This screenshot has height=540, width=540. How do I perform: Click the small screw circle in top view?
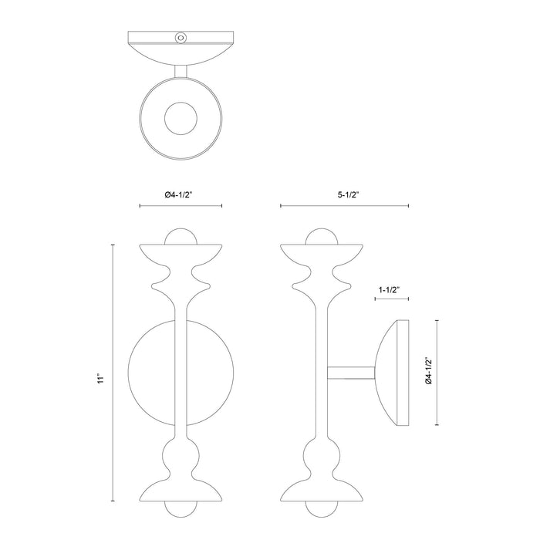tap(181, 36)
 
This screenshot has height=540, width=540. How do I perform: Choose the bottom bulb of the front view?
tap(181, 511)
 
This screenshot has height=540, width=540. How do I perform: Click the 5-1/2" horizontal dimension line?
tap(344, 206)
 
